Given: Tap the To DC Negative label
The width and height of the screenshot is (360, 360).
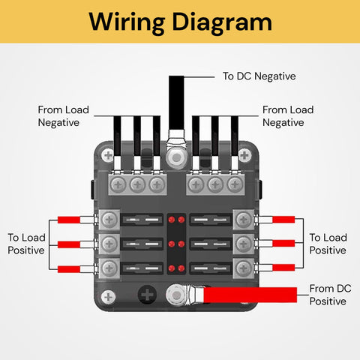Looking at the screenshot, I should pyautogui.click(x=259, y=76).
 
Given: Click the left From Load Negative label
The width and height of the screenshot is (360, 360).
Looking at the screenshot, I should pyautogui.click(x=64, y=116).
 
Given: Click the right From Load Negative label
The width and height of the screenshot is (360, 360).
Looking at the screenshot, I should pyautogui.click(x=288, y=116).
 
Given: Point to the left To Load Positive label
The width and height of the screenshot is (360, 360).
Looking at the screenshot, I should pyautogui.click(x=27, y=244).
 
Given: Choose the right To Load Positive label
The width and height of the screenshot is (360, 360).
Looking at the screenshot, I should pyautogui.click(x=328, y=244).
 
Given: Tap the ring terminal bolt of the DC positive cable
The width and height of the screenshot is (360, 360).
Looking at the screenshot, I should pyautogui.click(x=178, y=297).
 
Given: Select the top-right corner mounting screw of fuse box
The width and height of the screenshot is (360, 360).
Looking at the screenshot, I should pyautogui.click(x=244, y=157).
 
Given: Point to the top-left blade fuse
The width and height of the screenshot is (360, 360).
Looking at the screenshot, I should pyautogui.click(x=143, y=220).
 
